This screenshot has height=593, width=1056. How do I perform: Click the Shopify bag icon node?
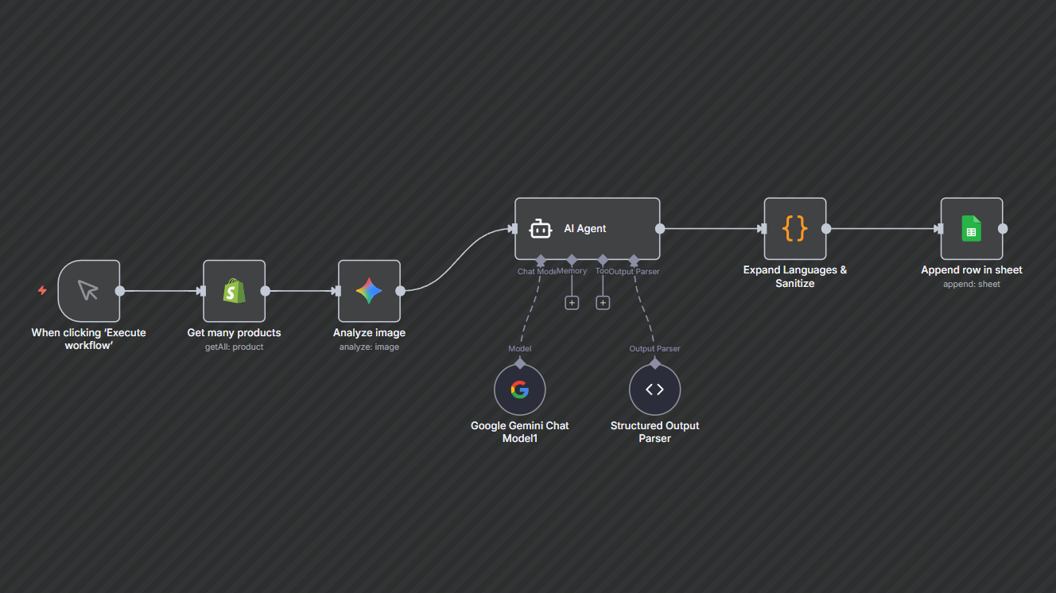point(234,291)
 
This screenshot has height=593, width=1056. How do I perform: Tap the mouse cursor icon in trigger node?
point(88,291)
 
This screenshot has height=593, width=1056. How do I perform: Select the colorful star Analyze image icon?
point(369,291)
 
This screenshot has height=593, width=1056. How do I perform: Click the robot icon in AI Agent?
point(541,229)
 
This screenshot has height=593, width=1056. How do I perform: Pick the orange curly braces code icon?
point(794,229)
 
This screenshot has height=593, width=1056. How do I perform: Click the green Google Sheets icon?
point(971,229)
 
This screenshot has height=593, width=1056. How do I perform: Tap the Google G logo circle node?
point(519,390)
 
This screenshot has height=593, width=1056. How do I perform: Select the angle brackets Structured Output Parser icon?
point(654,390)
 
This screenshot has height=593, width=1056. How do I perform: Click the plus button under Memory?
point(572,303)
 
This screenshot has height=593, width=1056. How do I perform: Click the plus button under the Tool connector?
point(603,303)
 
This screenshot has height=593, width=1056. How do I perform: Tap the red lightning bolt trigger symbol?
point(42,291)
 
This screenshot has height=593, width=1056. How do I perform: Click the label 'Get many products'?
point(234,333)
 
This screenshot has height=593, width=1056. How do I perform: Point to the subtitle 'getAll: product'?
point(234,347)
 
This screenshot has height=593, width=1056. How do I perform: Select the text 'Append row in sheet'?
point(971,270)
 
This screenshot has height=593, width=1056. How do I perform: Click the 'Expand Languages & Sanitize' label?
point(794,277)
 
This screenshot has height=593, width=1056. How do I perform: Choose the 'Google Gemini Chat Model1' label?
point(519,432)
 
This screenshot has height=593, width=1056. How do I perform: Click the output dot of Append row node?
point(1003,229)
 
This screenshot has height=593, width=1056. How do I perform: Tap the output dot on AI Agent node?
point(660,229)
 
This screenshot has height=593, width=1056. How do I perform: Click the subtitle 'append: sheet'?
point(971,284)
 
